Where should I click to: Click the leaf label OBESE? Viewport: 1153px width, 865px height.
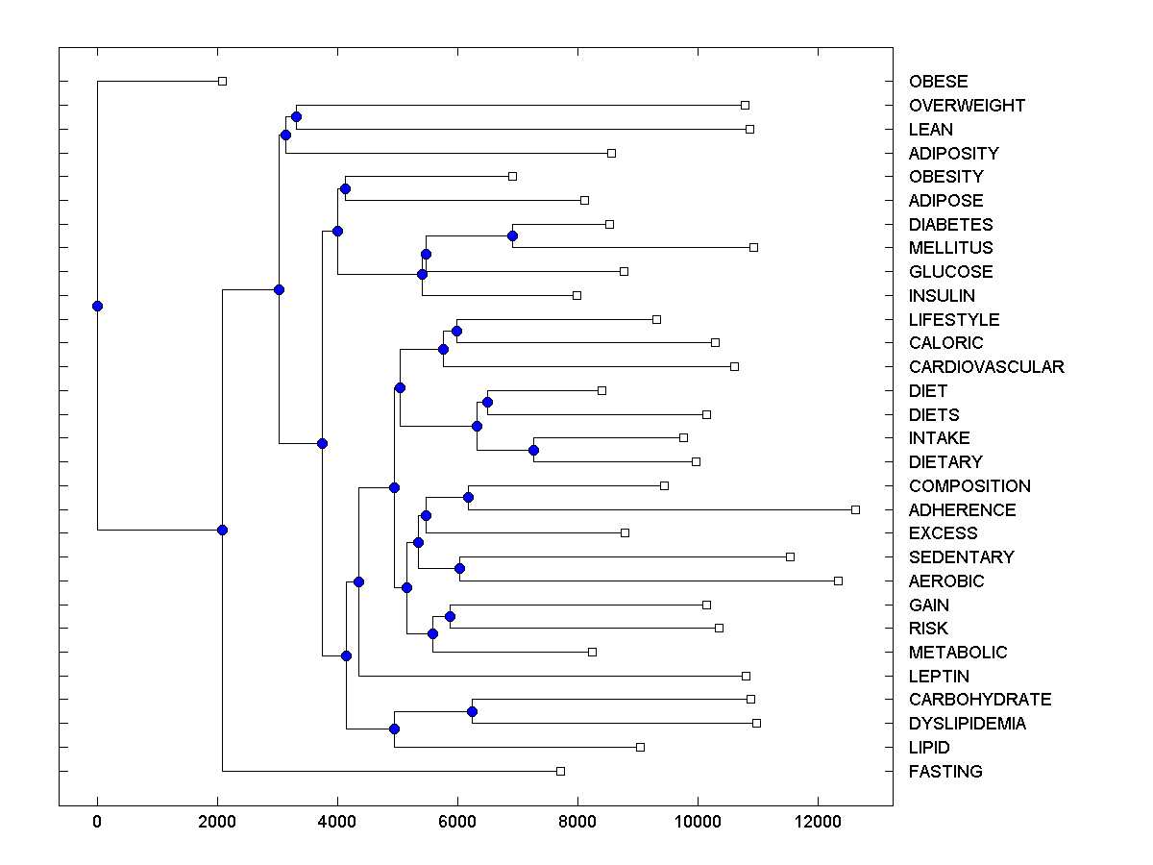(x=938, y=82)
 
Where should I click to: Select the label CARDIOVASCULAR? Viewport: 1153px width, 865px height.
(x=986, y=367)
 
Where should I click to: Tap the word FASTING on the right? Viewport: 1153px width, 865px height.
(x=945, y=772)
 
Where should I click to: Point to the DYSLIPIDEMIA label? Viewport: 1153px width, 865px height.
(x=967, y=724)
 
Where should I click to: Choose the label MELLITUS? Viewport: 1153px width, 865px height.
(x=950, y=248)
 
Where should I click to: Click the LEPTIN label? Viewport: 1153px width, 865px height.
(x=939, y=677)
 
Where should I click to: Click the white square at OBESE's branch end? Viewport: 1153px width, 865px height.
(x=222, y=81)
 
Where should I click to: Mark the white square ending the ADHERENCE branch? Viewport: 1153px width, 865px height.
(x=855, y=509)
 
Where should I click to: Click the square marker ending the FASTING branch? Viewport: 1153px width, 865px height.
(x=560, y=771)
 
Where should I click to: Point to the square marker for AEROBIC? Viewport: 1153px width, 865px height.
(x=838, y=581)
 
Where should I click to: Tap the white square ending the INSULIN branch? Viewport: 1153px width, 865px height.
(x=576, y=295)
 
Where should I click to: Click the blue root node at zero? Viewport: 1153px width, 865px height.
(x=97, y=306)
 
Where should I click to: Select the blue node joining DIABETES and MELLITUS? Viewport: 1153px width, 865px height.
(x=512, y=235)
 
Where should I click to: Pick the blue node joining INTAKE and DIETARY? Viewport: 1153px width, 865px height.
(x=533, y=450)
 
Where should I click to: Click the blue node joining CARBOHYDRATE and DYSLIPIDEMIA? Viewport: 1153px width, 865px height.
(x=472, y=711)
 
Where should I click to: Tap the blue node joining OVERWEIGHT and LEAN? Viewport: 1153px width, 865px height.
(x=296, y=116)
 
